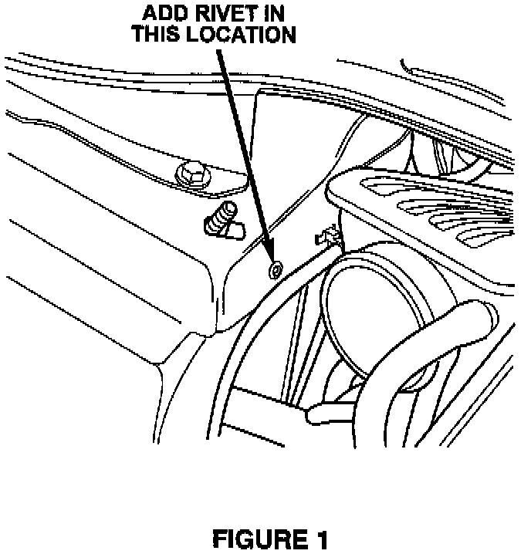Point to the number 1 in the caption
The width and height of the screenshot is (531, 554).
320,539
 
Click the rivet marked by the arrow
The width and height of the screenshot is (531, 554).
274,270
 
